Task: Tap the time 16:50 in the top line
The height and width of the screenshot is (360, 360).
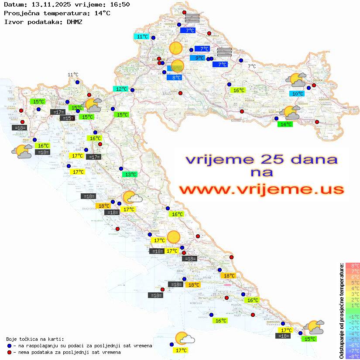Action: click(x=120, y=4)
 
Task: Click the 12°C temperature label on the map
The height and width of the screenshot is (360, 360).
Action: click(x=121, y=89)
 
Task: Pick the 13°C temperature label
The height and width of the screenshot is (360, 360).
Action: click(x=129, y=175)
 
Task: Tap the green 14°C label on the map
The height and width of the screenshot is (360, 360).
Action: click(x=285, y=124)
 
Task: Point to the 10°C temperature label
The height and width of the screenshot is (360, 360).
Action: click(x=297, y=94)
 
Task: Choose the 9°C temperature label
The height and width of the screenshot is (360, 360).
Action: click(x=199, y=58)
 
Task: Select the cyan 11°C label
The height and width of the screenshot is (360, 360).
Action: click(x=142, y=37)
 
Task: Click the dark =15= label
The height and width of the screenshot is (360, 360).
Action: click(x=67, y=118)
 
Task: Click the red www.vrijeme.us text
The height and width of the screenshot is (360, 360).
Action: click(x=261, y=189)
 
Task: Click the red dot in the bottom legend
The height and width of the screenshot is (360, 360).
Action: click(x=10, y=352)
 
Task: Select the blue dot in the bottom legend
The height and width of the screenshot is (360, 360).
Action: click(x=10, y=346)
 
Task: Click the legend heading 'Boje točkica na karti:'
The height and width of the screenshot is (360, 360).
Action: click(x=35, y=339)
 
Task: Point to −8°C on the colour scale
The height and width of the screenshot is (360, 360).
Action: click(x=353, y=357)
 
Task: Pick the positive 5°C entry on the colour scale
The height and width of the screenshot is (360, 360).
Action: click(x=353, y=282)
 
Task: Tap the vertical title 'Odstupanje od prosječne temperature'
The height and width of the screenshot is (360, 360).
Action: click(x=341, y=311)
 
